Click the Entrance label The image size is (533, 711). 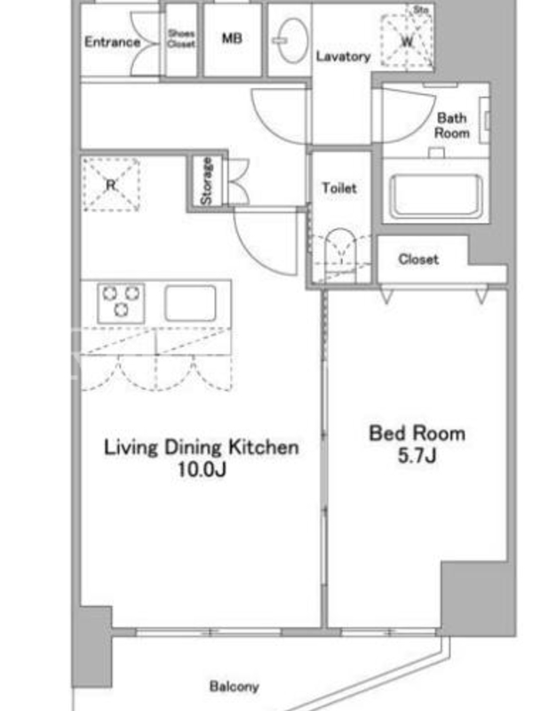tap(113, 42)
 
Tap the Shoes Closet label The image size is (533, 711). tap(181, 38)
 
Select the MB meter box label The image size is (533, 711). tap(232, 38)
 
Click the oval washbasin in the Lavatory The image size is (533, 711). tap(292, 40)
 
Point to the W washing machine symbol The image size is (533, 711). tap(407, 41)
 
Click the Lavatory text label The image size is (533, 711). tap(343, 57)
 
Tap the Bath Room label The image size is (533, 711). tap(452, 125)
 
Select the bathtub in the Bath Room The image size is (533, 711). tap(435, 196)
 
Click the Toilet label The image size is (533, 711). tap(339, 188)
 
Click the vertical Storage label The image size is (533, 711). tap(206, 181)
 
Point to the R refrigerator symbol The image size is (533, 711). tap(111, 185)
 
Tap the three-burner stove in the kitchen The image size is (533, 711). tap(121, 303)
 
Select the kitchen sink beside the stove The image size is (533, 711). tap(190, 303)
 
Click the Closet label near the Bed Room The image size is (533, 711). tap(418, 260)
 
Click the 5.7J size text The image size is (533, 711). tap(417, 456)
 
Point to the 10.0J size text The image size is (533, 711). tap(202, 470)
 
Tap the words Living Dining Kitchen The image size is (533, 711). tap(202, 447)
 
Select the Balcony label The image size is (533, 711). tap(234, 686)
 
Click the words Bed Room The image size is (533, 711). tap(417, 434)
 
